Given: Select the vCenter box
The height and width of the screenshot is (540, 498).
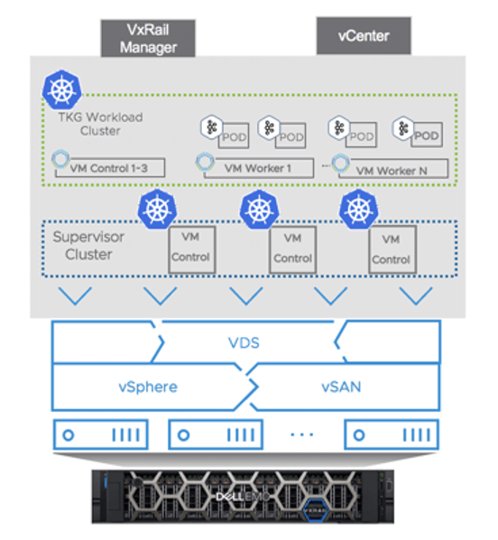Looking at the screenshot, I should coord(364,37).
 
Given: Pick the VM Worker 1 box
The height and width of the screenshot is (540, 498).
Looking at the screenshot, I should coord(255,166).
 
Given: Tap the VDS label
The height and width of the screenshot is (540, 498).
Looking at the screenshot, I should coord(248,342).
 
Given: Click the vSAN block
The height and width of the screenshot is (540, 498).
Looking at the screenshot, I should coord(342,386).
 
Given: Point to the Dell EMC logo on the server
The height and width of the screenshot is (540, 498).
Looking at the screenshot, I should coord(249,495).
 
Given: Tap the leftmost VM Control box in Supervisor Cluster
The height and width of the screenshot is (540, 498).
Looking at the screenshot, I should coord(190,247).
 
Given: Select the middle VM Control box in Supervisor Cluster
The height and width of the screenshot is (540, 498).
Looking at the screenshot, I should coord(292,247).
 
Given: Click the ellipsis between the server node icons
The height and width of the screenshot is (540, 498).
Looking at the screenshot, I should coord(300,434).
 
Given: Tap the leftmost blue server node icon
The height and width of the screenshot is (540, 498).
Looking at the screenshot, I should coord(99,434).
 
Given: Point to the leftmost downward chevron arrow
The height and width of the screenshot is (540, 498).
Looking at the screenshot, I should coord(76,295).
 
